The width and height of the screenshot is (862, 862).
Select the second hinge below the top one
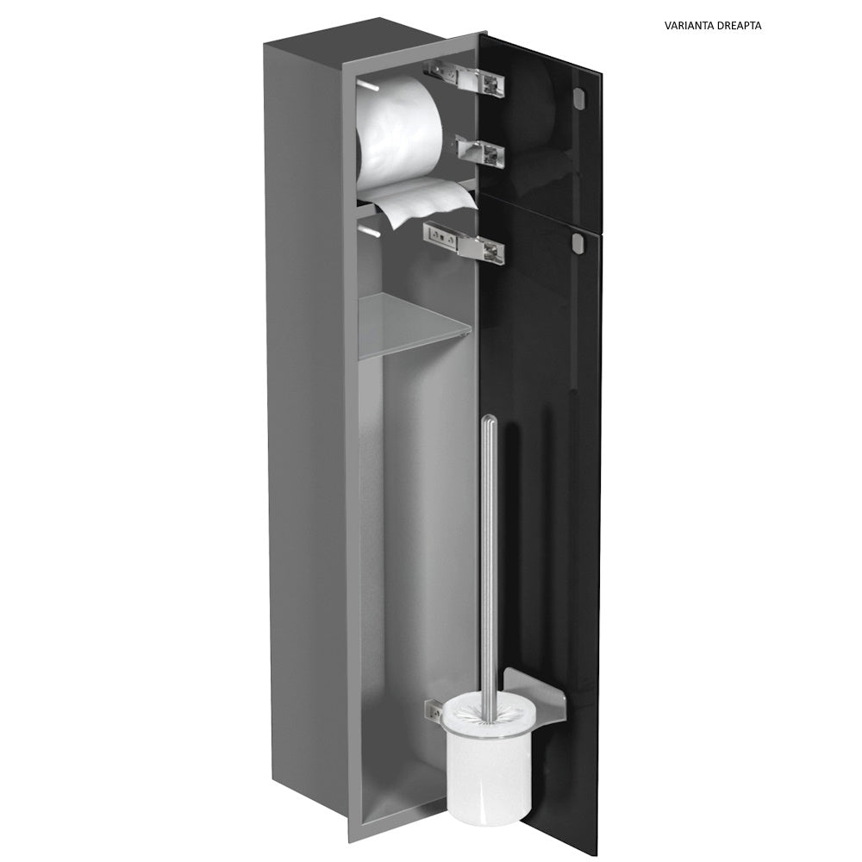[x=482, y=151]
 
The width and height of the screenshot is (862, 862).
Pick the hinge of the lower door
[x=464, y=242]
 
